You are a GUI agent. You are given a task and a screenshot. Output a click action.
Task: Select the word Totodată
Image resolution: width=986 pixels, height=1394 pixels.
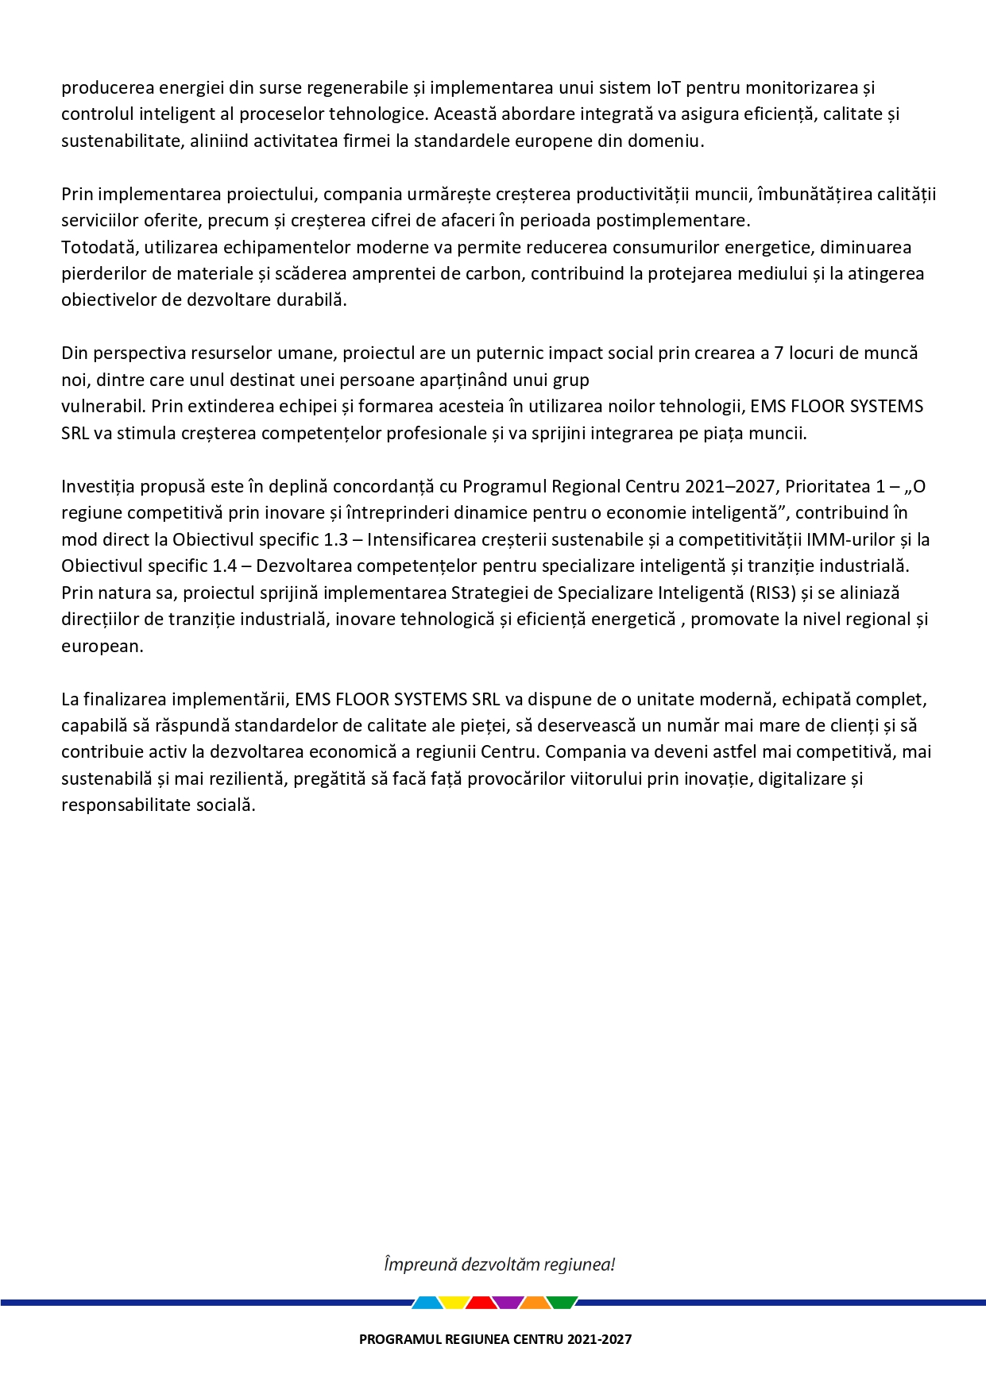click(x=98, y=247)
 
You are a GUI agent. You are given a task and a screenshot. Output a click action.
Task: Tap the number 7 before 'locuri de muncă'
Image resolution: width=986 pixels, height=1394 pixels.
click(x=779, y=353)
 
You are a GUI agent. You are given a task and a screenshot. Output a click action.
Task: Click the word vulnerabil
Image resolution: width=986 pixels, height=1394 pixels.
click(x=102, y=407)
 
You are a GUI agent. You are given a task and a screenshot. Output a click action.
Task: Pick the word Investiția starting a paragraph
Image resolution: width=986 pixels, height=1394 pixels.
click(x=100, y=487)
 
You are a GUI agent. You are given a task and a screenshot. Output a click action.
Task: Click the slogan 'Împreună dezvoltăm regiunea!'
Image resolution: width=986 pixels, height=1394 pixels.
click(x=499, y=1265)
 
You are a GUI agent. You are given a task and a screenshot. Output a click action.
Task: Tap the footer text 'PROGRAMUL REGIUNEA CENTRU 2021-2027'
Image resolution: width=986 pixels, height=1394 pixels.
click(x=495, y=1339)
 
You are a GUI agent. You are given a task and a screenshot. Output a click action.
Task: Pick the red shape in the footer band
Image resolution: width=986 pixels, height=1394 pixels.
click(x=481, y=1303)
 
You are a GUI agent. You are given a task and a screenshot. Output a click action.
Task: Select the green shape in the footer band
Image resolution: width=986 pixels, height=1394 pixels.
click(x=563, y=1303)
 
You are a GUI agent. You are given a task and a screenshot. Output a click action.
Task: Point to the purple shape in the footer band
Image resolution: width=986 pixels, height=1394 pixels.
click(x=508, y=1303)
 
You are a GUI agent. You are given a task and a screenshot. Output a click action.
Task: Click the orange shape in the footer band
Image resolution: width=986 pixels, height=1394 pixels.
click(x=536, y=1303)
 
